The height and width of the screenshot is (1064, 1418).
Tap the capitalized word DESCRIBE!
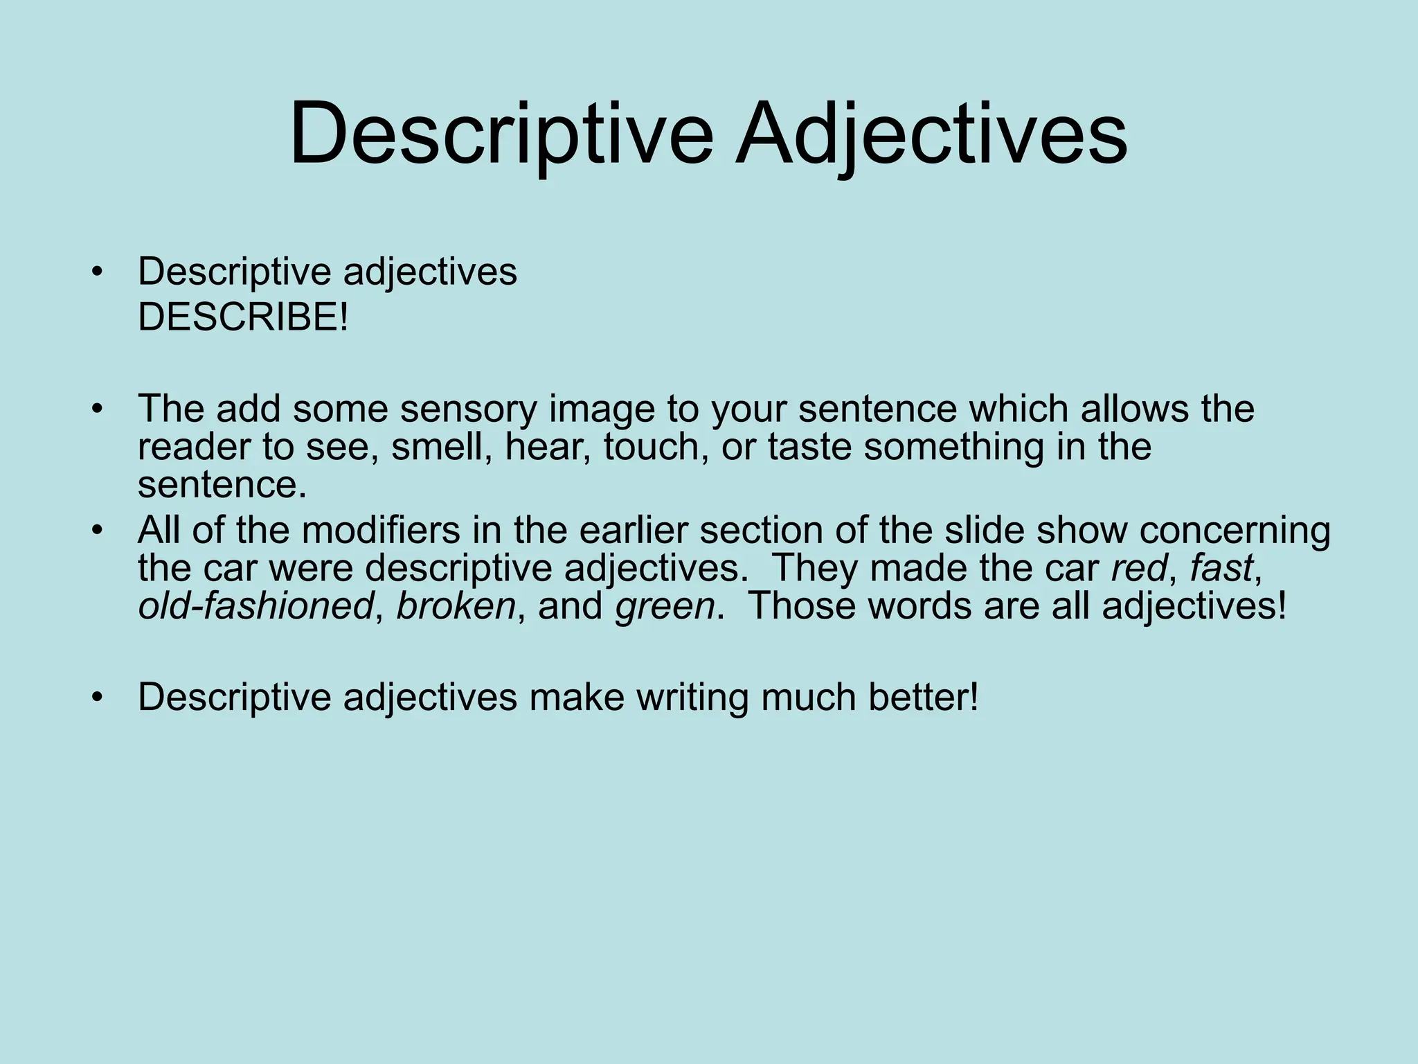coord(243,318)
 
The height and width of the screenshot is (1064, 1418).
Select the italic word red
coord(1138,569)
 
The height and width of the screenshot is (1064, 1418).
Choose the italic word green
coord(665,607)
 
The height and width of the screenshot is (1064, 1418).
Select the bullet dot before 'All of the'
coord(97,531)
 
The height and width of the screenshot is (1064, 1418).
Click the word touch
coord(655,447)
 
